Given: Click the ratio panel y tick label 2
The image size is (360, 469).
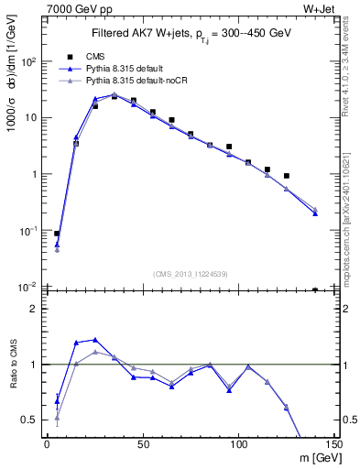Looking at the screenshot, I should coord(33,309).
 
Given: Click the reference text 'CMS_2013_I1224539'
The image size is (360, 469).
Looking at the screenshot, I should coord(191,273).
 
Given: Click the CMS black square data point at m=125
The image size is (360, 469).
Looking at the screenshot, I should coord(287,176).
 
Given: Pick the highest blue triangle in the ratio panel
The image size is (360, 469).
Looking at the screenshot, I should coord(95,339).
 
